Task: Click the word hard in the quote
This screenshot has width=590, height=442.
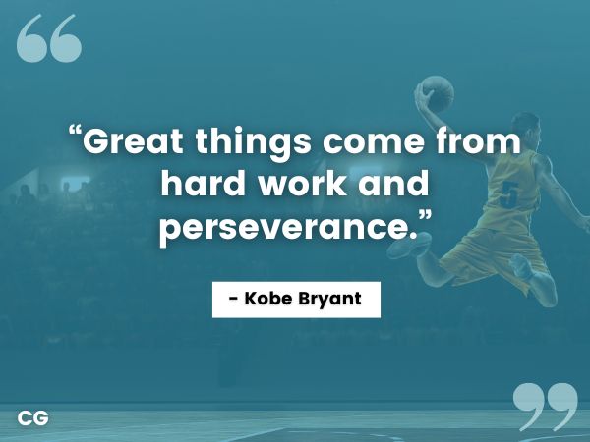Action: coord(203,186)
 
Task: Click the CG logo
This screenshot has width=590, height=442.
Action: coord(32,418)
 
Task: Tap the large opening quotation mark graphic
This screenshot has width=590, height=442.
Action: coord(49,39)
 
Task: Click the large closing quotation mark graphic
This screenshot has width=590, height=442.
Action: coord(545,406)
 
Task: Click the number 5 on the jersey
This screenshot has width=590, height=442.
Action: coord(509,193)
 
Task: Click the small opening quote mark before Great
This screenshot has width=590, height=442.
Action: coord(75,134)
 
